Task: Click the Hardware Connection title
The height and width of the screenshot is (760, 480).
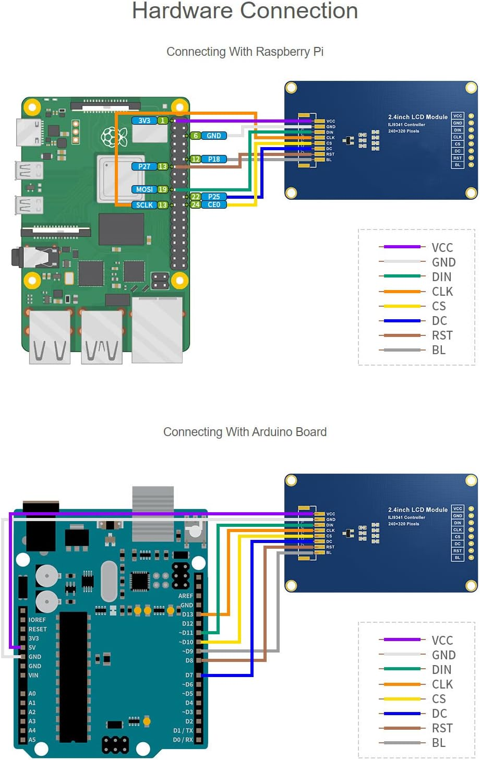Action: (245, 11)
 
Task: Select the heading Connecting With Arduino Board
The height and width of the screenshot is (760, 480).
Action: (245, 432)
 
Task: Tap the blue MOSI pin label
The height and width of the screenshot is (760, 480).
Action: (145, 189)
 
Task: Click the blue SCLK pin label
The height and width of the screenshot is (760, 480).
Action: (145, 205)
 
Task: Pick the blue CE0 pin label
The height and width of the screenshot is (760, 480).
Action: (214, 204)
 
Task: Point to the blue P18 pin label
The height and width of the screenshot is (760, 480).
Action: (214, 159)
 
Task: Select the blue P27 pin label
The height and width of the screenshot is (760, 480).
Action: (144, 166)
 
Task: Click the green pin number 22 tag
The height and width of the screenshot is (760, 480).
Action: (195, 197)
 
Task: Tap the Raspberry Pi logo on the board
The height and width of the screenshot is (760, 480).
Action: (114, 137)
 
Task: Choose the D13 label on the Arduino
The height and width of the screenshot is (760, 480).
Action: (187, 614)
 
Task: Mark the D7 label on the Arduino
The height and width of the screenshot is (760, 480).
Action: (189, 675)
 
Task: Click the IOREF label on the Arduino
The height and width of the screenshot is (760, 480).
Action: (37, 620)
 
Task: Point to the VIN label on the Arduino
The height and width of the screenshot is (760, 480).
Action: (33, 675)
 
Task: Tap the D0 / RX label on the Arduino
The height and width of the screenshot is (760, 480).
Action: (183, 740)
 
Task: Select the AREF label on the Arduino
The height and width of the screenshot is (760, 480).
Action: (185, 596)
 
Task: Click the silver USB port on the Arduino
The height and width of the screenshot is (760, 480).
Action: (153, 514)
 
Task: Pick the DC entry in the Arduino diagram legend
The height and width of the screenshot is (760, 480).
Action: (439, 713)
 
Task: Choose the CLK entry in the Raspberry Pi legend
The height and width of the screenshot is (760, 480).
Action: (442, 291)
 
